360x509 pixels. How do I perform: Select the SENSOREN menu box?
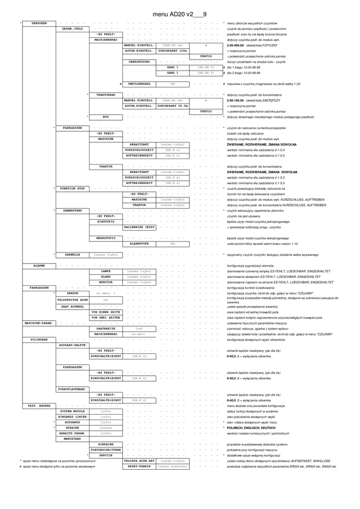(x=39, y=23)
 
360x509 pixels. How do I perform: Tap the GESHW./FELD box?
(x=73, y=29)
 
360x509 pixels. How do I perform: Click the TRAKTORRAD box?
(x=105, y=94)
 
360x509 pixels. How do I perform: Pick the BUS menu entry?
(x=105, y=117)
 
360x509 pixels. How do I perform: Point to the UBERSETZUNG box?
(x=139, y=62)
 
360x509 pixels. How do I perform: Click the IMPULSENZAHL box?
(x=139, y=84)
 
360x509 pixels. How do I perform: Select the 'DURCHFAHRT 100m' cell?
(x=173, y=51)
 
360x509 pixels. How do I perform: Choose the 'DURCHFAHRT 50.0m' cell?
(x=173, y=106)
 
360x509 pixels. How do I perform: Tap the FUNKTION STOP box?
(x=73, y=188)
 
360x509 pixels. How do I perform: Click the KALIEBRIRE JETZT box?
(x=139, y=227)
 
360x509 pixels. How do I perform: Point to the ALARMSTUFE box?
(x=139, y=244)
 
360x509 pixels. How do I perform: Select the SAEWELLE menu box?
(x=73, y=254)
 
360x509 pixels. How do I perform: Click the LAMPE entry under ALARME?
(x=105, y=271)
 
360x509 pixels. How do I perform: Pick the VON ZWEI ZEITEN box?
(x=105, y=318)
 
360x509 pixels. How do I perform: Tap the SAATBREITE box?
(x=105, y=329)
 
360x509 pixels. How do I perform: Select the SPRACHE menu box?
(x=73, y=427)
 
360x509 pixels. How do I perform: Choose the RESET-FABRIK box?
(x=139, y=466)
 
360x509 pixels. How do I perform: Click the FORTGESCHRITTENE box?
(x=105, y=449)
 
